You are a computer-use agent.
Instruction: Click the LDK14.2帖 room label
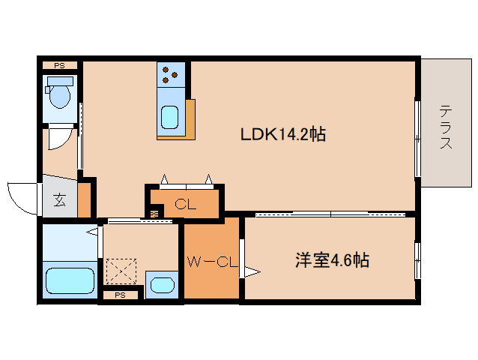click(282, 135)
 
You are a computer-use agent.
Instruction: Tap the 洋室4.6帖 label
click(331, 261)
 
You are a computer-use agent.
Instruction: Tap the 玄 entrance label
click(58, 200)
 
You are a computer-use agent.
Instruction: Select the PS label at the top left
click(59, 66)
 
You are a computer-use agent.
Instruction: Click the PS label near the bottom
click(120, 295)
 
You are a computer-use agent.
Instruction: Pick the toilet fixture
click(58, 94)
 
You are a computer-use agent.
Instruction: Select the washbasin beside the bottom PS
click(161, 284)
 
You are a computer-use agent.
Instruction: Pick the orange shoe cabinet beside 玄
click(84, 199)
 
